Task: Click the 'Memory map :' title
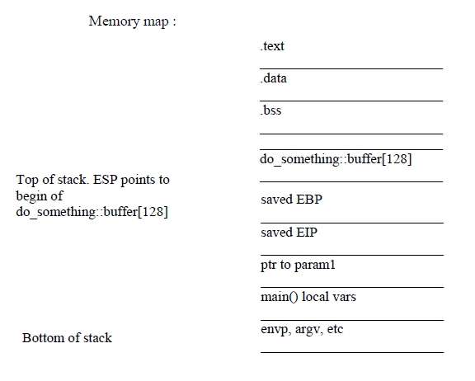click(x=132, y=21)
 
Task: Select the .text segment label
click(x=272, y=46)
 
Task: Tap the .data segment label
click(x=273, y=78)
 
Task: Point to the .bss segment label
click(x=270, y=111)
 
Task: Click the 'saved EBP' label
click(x=291, y=200)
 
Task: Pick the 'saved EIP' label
click(x=289, y=233)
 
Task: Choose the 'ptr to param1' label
click(x=298, y=265)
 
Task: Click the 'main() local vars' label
click(x=308, y=297)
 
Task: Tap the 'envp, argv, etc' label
click(x=302, y=330)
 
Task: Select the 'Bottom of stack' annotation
click(x=67, y=338)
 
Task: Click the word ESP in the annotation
click(x=105, y=180)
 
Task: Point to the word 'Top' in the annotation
click(x=27, y=181)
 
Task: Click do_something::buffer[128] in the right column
click(x=336, y=159)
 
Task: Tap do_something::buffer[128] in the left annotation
click(x=92, y=212)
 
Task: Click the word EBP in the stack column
click(x=309, y=200)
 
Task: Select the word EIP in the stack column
click(x=307, y=233)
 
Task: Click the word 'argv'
click(x=308, y=330)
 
